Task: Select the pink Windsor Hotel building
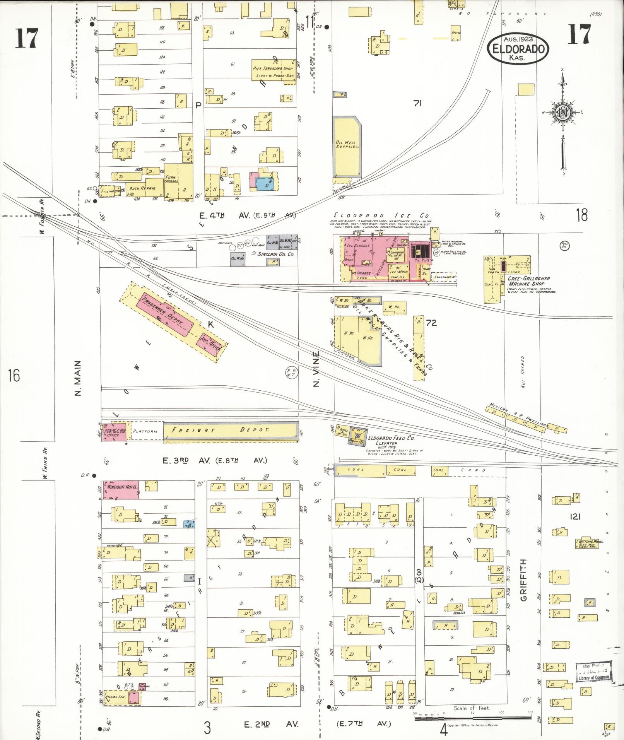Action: [x=121, y=489]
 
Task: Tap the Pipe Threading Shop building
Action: [x=273, y=69]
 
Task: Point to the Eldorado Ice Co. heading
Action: [x=383, y=216]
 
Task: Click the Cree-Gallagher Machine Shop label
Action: [x=530, y=281]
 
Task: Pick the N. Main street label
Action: [x=78, y=378]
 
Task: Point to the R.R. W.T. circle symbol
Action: [x=291, y=372]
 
